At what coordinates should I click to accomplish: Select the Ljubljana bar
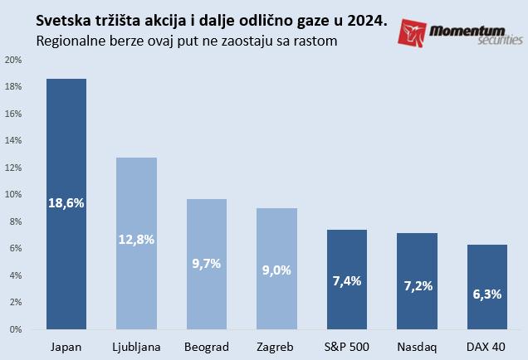tap(136, 282)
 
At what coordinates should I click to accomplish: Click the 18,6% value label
tap(66, 202)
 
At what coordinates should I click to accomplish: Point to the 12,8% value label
tap(136, 240)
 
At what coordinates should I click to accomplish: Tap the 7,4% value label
tap(346, 280)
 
